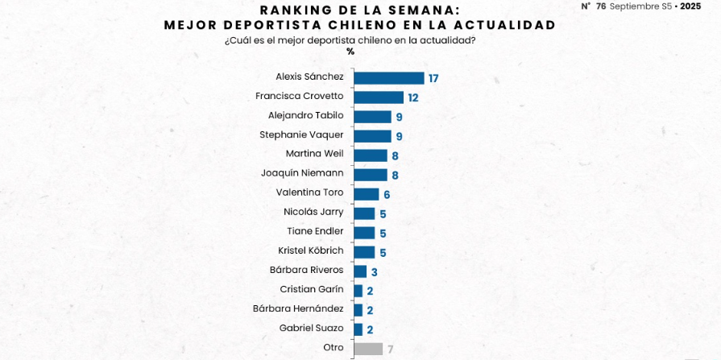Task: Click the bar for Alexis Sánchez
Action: click(x=389, y=78)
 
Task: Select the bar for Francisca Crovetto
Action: click(x=379, y=97)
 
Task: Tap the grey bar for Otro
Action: click(x=368, y=349)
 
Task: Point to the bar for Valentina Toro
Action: click(x=367, y=194)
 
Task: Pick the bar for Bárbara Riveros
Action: click(x=360, y=271)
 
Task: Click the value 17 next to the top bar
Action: click(x=433, y=79)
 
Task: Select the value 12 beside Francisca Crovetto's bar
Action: click(x=413, y=97)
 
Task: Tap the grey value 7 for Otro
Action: click(x=390, y=350)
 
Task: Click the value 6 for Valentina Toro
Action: click(x=387, y=195)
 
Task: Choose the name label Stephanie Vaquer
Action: click(x=301, y=134)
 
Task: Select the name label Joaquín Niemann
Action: click(x=302, y=173)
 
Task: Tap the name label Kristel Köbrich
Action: click(x=310, y=250)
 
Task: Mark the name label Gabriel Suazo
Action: click(x=311, y=328)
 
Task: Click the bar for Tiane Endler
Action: click(x=364, y=233)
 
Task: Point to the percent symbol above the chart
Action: click(x=350, y=52)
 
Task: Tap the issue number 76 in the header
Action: click(x=600, y=6)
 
